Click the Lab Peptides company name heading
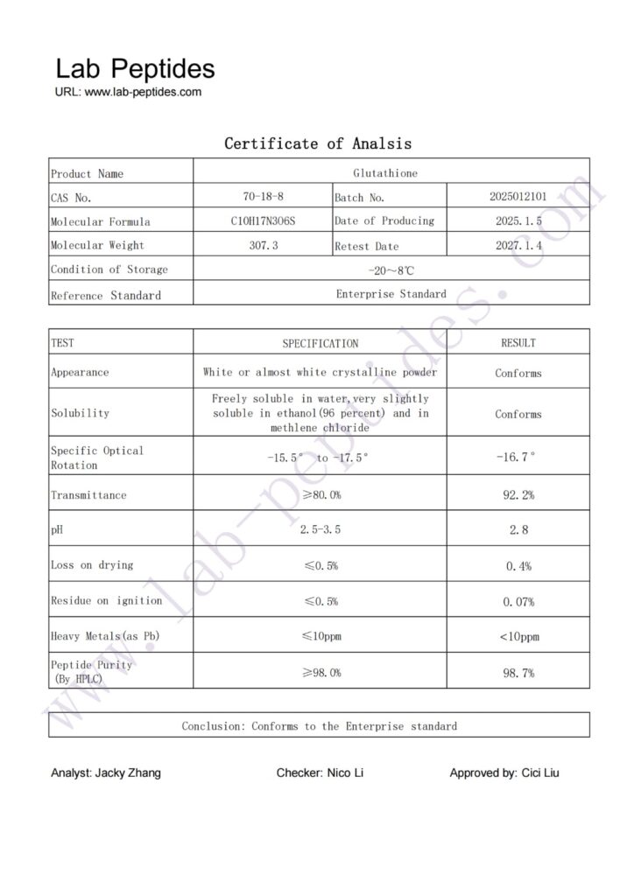tap(135, 69)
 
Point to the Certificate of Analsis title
tap(318, 143)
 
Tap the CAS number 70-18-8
tap(263, 198)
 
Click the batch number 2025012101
tap(518, 198)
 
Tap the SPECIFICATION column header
tap(320, 344)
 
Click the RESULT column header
tap(518, 343)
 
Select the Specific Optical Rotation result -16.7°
tap(518, 458)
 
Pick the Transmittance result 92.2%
tap(518, 495)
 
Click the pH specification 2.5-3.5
tap(320, 530)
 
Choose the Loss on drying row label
tap(92, 565)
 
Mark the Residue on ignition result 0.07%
tap(518, 602)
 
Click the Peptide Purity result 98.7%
tap(518, 673)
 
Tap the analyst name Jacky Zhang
tap(106, 773)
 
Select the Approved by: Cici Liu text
tap(504, 773)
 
